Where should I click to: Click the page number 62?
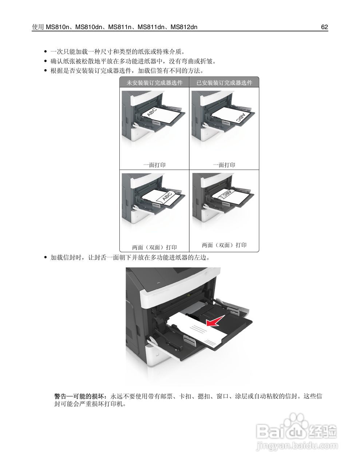(324, 27)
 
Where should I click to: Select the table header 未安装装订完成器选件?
(154, 83)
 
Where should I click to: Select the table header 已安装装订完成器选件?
(224, 83)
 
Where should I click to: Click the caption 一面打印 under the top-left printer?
(154, 165)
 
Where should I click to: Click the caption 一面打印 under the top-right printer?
(224, 165)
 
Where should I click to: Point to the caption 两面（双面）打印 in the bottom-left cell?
(154, 247)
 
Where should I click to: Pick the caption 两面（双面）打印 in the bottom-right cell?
(224, 245)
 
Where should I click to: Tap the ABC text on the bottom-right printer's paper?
(227, 193)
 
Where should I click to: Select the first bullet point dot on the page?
(46, 51)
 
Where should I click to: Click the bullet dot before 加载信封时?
(46, 258)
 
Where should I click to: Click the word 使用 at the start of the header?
(38, 27)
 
